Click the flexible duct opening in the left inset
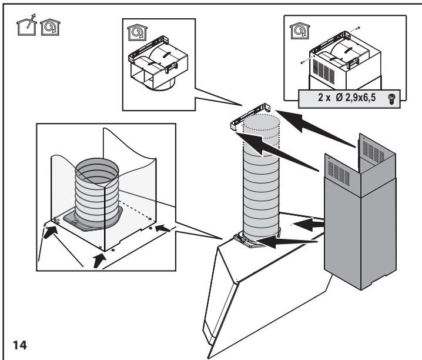pyautogui.click(x=97, y=165)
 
